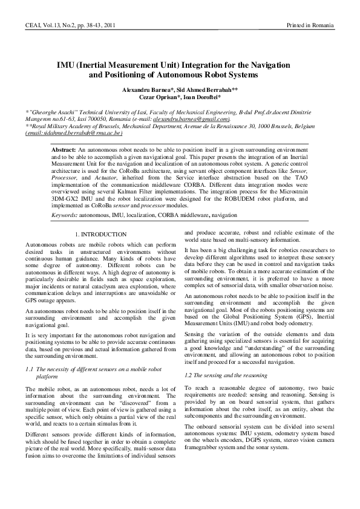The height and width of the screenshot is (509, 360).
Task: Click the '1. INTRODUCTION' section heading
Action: click(x=100, y=234)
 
